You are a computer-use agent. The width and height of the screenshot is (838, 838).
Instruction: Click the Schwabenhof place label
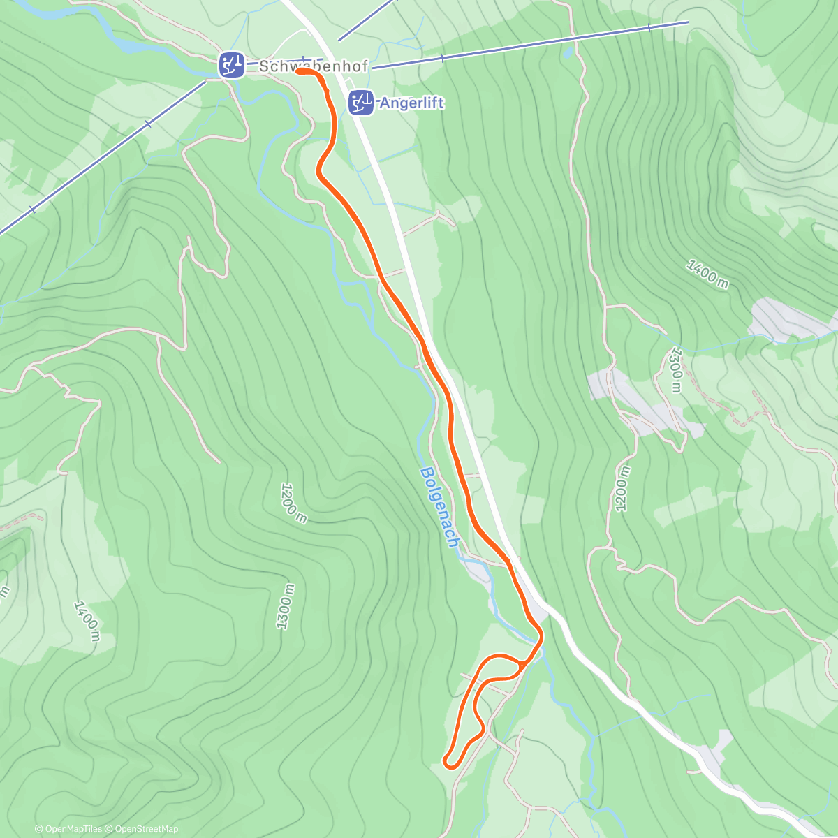click(x=314, y=66)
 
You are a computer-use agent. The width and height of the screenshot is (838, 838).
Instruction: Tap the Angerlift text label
click(x=411, y=103)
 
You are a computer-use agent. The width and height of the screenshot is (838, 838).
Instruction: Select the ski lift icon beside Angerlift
click(x=361, y=103)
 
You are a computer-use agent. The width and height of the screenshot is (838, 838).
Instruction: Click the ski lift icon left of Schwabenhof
click(x=231, y=65)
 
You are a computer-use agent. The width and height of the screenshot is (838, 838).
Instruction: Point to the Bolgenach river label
click(x=439, y=506)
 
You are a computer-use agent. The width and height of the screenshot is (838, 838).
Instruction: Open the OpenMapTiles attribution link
click(x=73, y=829)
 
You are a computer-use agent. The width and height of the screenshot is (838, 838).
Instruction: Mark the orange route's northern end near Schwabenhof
click(x=299, y=71)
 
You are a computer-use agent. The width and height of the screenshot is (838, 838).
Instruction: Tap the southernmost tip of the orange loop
click(x=450, y=764)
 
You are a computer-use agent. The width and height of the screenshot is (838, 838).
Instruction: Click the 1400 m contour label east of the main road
click(x=707, y=273)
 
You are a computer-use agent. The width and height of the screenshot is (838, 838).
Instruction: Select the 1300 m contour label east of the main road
click(x=675, y=369)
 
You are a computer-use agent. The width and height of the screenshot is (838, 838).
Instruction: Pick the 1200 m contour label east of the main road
click(x=622, y=489)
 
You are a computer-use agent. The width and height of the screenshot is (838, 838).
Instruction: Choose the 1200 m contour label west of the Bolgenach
click(x=293, y=502)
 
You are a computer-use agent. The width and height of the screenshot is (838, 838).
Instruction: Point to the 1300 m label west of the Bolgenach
click(x=285, y=606)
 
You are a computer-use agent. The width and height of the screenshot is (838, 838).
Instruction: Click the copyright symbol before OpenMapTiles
click(x=39, y=829)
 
